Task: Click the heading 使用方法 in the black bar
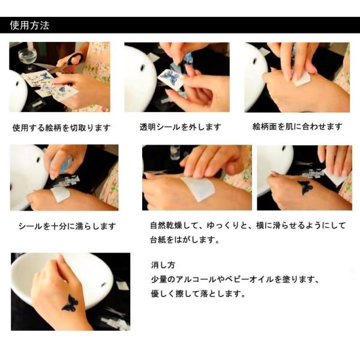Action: [x=29, y=25]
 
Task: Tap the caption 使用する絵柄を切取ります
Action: [x=61, y=127]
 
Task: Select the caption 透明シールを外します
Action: [x=180, y=127]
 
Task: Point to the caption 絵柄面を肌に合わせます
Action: [x=298, y=126]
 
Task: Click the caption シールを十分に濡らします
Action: [x=67, y=226]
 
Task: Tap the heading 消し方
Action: [x=163, y=265]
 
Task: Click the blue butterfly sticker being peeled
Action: [x=171, y=77]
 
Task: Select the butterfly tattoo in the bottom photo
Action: [x=70, y=302]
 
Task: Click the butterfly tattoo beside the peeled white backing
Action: [x=305, y=187]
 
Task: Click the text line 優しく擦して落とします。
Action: [x=199, y=294]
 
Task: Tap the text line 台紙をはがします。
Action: [x=185, y=240]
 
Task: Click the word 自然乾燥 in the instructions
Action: [x=167, y=225]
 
